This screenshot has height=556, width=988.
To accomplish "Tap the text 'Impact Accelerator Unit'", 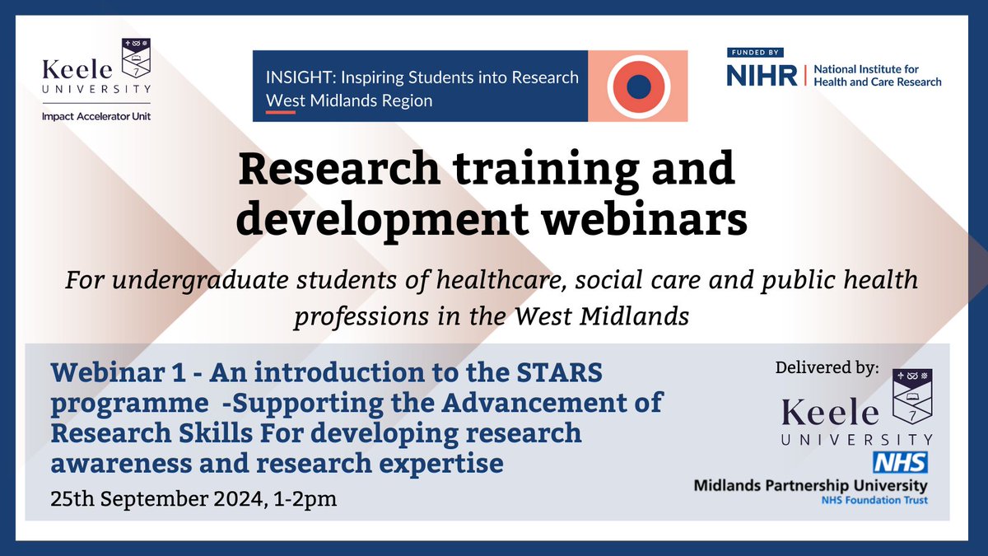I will (96, 116).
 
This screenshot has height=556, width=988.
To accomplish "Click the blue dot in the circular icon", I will (638, 86).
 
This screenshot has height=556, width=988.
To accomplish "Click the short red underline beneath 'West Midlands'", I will (281, 112).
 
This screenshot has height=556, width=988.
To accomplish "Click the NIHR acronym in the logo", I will (762, 76).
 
